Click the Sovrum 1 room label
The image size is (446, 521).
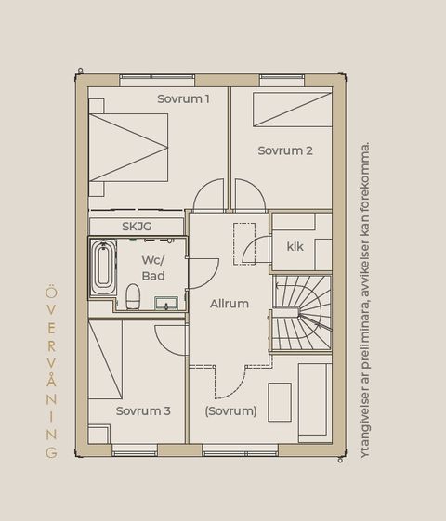click(x=183, y=98)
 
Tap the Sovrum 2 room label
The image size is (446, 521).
click(x=285, y=150)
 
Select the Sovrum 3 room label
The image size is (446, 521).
click(x=143, y=411)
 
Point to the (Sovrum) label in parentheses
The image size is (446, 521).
click(x=231, y=411)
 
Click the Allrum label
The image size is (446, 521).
click(x=230, y=304)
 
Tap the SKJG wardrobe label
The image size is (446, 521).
click(x=137, y=227)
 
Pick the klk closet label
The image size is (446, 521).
click(x=295, y=246)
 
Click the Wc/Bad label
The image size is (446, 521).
click(x=153, y=267)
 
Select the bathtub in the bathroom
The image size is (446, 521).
click(x=103, y=267)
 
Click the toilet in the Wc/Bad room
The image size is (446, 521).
click(x=133, y=296)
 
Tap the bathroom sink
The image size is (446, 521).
click(x=166, y=303)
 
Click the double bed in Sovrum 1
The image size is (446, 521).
click(x=128, y=148)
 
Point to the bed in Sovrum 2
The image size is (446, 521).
click(x=293, y=110)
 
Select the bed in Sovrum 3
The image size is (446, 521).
click(x=105, y=359)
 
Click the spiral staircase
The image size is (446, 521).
click(x=302, y=313)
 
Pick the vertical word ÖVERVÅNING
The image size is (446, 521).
click(x=51, y=371)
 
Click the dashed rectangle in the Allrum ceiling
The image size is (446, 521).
click(x=244, y=244)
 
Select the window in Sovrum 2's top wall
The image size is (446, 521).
click(x=282, y=81)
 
